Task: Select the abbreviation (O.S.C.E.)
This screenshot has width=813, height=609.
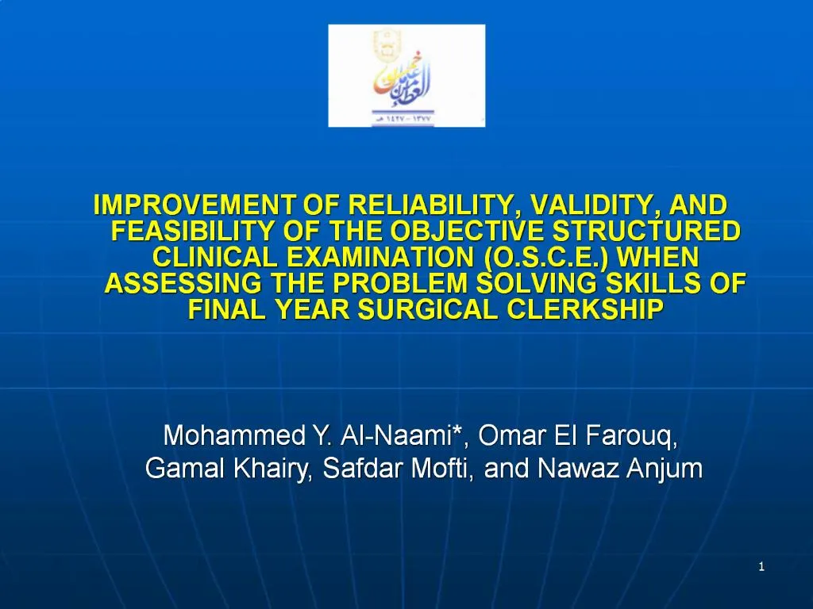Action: [x=546, y=258]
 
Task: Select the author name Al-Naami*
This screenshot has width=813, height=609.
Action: [x=404, y=436]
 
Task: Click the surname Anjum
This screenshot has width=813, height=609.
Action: [x=665, y=469]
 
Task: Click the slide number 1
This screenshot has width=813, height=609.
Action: [x=761, y=566]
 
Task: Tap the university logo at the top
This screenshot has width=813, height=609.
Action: [x=406, y=75]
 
